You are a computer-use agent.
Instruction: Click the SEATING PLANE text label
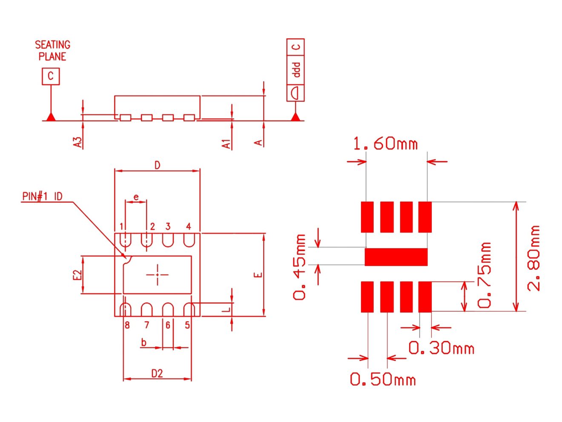52,51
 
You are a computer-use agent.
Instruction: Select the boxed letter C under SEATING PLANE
51,76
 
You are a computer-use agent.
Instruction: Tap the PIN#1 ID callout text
42,196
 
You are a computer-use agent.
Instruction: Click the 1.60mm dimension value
385,144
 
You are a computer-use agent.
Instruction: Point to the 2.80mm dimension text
533,258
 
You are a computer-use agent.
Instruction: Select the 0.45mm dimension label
300,267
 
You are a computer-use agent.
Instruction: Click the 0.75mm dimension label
485,275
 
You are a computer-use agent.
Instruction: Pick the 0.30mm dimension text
441,348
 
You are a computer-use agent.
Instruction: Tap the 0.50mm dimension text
383,379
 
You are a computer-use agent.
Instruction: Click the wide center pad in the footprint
396,257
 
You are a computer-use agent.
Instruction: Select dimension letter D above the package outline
158,165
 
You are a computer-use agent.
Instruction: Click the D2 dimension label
157,374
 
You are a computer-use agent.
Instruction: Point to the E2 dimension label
77,275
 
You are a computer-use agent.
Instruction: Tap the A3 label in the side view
77,142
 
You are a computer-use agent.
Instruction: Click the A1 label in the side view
227,144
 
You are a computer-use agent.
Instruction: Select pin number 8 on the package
127,325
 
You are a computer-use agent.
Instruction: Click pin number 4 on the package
188,226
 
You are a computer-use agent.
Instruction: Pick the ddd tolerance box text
296,69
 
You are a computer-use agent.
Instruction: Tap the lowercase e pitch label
136,197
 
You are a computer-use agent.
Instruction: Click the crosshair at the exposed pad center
157,275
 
